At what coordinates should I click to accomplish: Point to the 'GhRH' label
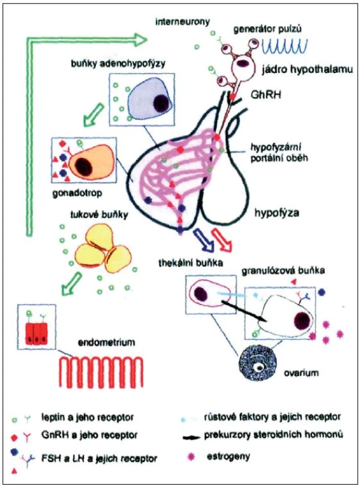[266, 94]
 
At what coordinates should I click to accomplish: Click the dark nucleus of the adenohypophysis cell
[162, 101]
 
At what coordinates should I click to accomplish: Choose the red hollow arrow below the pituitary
[221, 239]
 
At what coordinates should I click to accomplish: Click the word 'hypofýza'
[277, 213]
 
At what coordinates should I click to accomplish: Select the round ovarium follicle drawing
[257, 365]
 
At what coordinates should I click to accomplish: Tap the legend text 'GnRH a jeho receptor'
[89, 435]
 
